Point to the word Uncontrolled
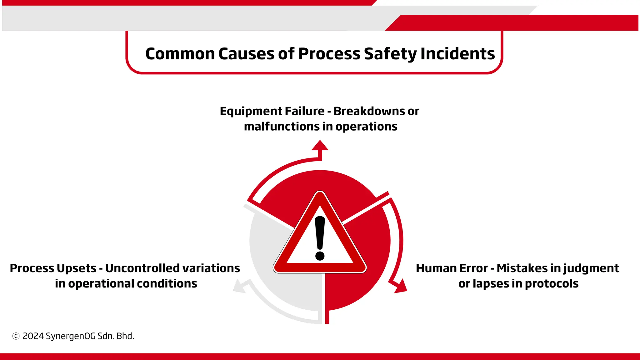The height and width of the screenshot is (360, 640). pyautogui.click(x=142, y=268)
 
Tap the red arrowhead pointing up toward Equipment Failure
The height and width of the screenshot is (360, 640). pyautogui.click(x=320, y=146)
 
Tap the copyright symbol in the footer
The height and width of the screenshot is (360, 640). pyautogui.click(x=16, y=336)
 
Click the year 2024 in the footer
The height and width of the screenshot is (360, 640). pyautogui.click(x=33, y=336)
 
